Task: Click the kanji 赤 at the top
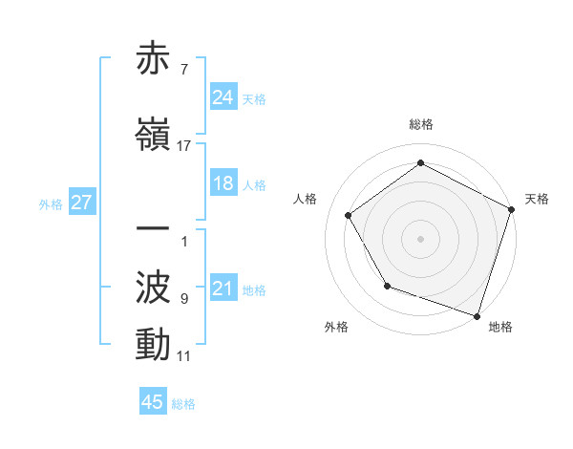point(154,60)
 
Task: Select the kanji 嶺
point(154,135)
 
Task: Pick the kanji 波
point(154,289)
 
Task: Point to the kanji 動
point(154,345)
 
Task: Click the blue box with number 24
point(223,97)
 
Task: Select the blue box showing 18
point(223,183)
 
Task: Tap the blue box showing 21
point(223,289)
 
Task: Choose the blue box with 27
point(81,203)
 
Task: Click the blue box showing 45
point(153,402)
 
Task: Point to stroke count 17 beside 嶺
point(184,146)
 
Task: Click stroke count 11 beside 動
point(184,356)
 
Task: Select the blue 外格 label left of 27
point(51,203)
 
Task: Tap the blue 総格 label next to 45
point(183,404)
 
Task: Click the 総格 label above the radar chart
point(420,124)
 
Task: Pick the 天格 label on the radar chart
point(537,199)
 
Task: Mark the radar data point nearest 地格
point(477,315)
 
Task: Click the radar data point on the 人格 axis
point(349,215)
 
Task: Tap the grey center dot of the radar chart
point(420,238)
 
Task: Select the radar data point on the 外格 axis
point(387,285)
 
